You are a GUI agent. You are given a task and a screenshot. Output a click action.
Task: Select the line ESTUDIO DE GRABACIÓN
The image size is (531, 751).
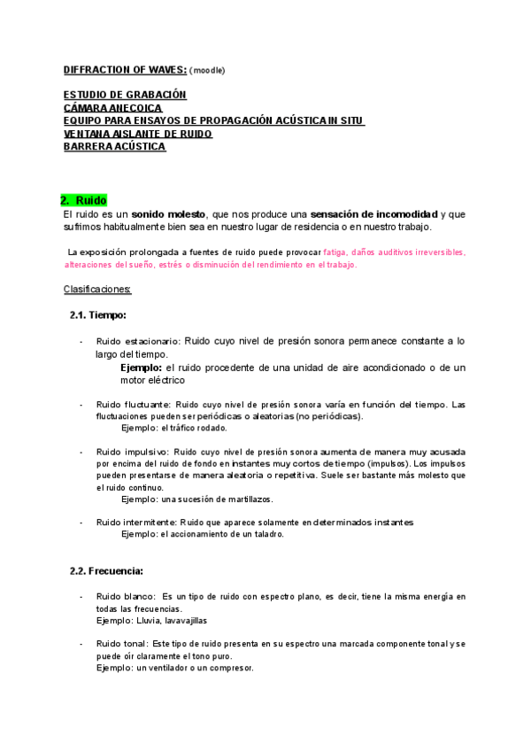click(125, 94)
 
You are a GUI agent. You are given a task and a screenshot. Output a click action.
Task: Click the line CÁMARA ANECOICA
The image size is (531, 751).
click(112, 107)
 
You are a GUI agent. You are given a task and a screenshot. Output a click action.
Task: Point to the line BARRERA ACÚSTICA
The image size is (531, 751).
click(114, 146)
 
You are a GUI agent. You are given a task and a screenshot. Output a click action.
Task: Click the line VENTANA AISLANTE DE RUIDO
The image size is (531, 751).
click(138, 134)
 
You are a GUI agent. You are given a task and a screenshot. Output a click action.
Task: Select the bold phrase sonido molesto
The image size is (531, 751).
click(168, 214)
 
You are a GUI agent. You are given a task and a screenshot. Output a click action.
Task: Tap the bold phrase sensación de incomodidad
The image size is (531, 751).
click(374, 214)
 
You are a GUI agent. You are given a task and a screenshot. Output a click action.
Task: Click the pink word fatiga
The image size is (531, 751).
click(335, 252)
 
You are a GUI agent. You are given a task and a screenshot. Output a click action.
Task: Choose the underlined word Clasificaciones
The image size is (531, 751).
click(97, 289)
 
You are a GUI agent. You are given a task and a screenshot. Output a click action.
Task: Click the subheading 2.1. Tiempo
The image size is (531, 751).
click(98, 314)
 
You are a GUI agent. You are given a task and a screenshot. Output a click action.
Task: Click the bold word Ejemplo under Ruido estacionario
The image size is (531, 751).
click(141, 368)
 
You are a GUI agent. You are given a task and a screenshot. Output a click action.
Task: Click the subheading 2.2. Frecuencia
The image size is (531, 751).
click(106, 570)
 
